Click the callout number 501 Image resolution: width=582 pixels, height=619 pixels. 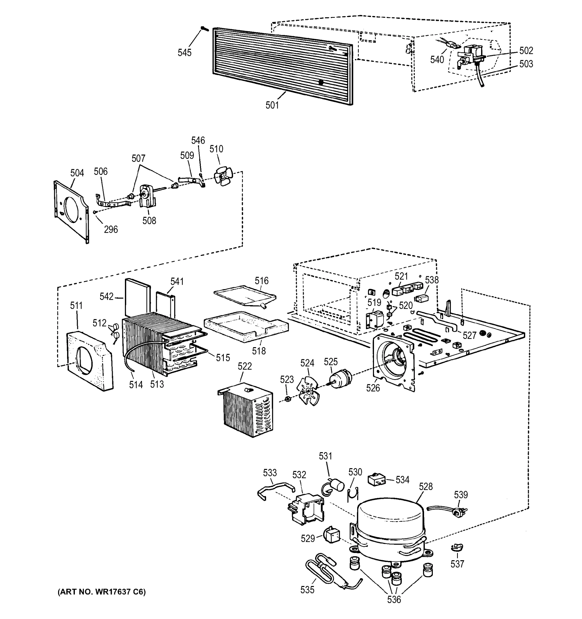272,105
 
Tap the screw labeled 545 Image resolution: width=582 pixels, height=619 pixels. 205,28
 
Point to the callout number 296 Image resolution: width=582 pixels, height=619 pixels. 111,230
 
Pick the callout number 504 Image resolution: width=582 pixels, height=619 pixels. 77,173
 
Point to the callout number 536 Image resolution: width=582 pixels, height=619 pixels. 394,599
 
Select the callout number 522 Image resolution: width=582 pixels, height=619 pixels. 245,366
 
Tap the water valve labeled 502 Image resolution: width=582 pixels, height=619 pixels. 471,55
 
